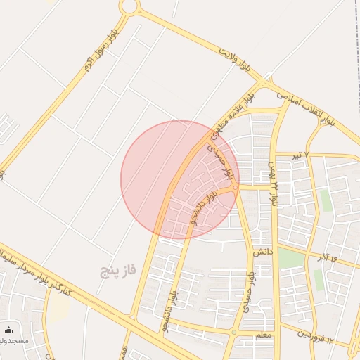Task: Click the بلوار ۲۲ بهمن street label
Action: coord(272,181)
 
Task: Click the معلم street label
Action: coord(262,336)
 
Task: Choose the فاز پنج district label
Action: coord(116,269)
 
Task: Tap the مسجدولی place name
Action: coord(14,341)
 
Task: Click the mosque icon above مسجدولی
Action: coord(8,330)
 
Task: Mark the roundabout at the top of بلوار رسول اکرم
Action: coord(128,6)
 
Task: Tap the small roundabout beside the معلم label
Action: coord(234,332)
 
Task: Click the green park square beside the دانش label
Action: coord(289,257)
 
